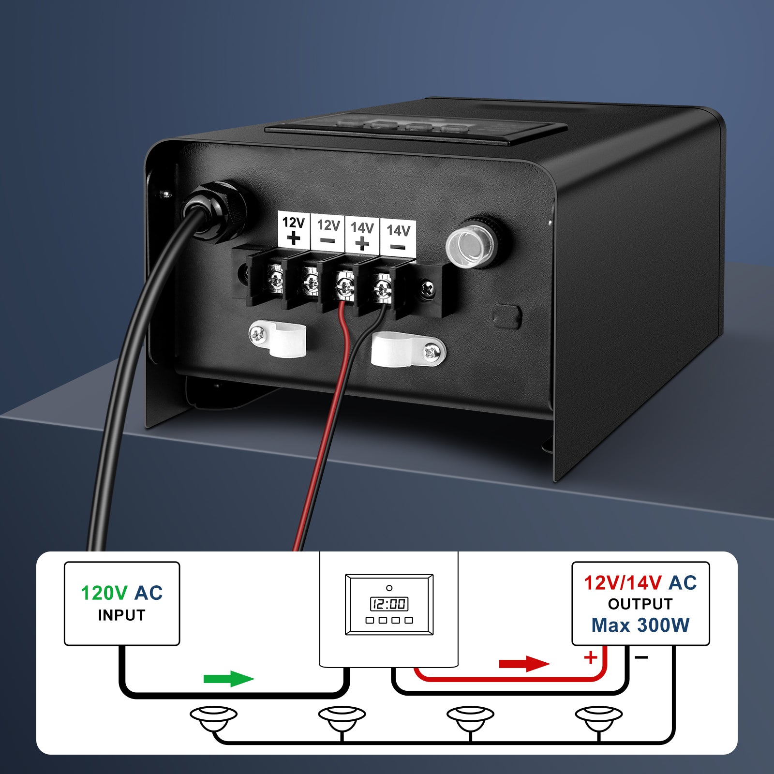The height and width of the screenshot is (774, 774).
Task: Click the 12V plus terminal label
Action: coord(294,230)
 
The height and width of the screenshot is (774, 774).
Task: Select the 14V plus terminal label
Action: coord(362,234)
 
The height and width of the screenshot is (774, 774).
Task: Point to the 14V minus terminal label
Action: coord(398,236)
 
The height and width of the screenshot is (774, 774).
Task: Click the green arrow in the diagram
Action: coord(229,678)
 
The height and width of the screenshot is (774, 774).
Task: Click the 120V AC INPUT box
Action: coord(122,603)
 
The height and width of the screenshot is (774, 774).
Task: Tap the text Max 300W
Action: coord(640,625)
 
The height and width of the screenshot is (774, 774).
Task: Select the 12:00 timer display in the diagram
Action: coord(389,604)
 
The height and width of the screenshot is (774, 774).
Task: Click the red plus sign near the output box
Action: coord(591,657)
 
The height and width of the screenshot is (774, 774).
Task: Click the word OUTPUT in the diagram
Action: coord(640,604)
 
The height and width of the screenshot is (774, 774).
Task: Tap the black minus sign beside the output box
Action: coord(641,657)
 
